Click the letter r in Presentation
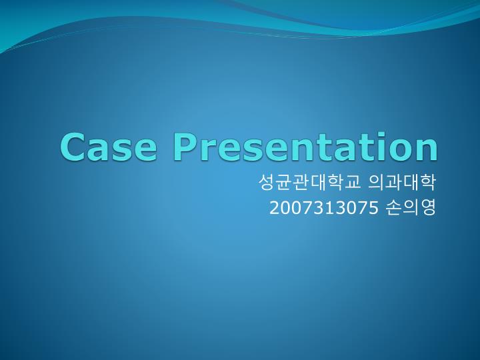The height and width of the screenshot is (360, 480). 211,149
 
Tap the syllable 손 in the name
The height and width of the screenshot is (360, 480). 394,208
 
